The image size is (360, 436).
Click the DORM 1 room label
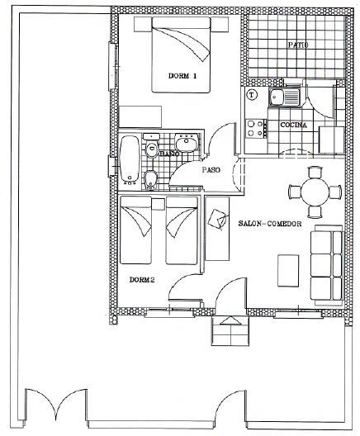tap(183, 76)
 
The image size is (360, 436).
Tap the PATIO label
tap(297, 45)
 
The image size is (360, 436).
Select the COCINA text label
tap(294, 125)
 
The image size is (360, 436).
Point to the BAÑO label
tap(170, 154)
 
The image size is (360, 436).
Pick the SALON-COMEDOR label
tap(269, 225)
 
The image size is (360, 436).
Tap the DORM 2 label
tap(142, 279)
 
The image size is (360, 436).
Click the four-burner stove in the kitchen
tap(256, 127)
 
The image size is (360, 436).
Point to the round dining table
tap(314, 191)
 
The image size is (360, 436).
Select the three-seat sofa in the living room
tap(326, 264)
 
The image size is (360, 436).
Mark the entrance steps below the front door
tap(230, 334)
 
